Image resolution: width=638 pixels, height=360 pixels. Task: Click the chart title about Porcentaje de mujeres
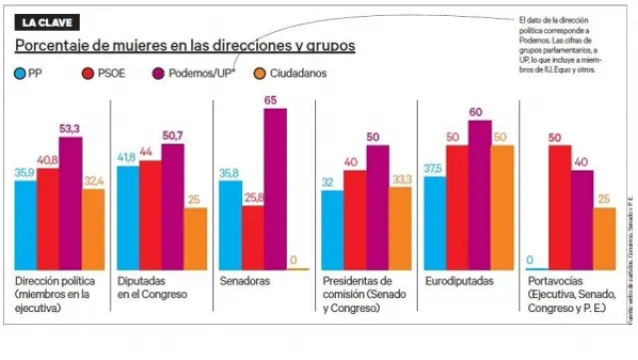pos(184,47)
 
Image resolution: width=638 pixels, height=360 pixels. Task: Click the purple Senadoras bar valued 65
pos(275,188)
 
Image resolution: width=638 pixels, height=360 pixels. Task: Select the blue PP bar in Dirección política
pos(26,226)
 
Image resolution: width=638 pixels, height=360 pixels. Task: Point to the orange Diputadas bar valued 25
pos(195,238)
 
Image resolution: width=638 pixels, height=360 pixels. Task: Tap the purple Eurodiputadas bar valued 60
pos(479,194)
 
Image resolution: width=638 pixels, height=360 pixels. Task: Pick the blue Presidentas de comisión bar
pos(332,229)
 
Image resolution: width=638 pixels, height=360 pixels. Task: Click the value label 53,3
pos(72,129)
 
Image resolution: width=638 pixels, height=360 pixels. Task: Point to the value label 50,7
pos(172,136)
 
